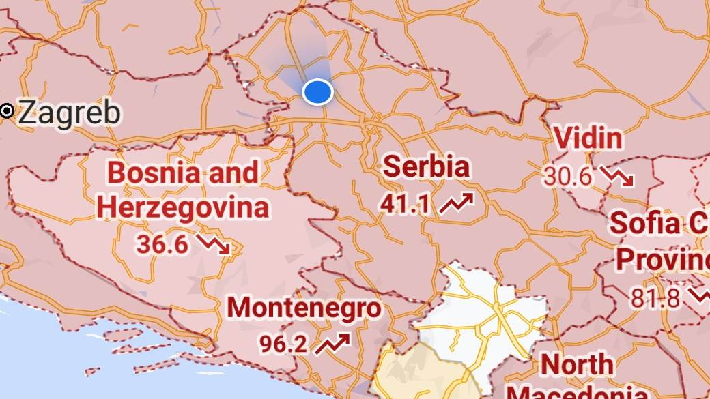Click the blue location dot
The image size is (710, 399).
[317, 92]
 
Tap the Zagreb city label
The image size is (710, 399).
[69, 113]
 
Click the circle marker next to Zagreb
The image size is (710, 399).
[8, 110]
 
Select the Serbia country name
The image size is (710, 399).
[427, 167]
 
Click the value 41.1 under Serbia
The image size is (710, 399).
[406, 203]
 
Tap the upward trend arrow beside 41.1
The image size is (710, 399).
[456, 203]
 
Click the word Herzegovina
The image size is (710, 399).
[182, 207]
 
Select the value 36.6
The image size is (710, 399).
[162, 243]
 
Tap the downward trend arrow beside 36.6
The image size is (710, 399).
[214, 244]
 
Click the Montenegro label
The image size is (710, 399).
[304, 308]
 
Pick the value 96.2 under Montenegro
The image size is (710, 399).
[283, 343]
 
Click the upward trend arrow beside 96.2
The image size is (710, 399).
[333, 342]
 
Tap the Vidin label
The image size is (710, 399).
[588, 138]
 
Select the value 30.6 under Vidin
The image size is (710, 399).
[567, 177]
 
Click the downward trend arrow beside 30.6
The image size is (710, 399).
[617, 177]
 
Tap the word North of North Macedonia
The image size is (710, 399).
[578, 365]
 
